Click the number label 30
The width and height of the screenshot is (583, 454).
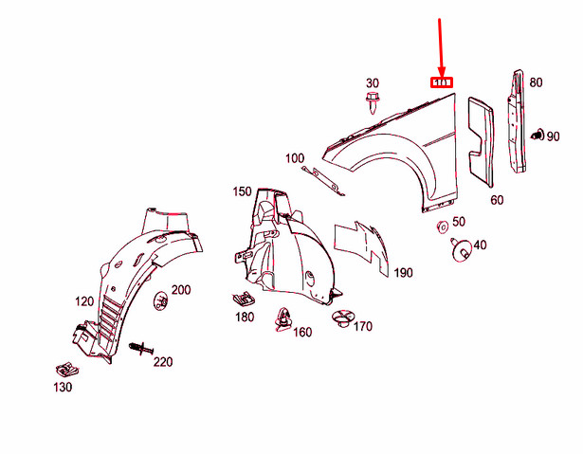tap(372, 83)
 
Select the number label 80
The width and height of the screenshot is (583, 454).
tap(536, 82)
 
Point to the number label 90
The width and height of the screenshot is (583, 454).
tap(553, 137)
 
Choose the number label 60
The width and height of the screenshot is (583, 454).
tap(497, 200)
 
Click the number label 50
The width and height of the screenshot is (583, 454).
tap(459, 222)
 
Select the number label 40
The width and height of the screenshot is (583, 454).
tap(480, 245)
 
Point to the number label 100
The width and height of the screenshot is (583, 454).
tap(294, 158)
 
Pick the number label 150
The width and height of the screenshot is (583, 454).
tap(243, 191)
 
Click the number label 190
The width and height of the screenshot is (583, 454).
tap(404, 273)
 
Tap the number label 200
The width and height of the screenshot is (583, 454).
tap(180, 289)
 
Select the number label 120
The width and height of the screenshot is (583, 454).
tap(84, 301)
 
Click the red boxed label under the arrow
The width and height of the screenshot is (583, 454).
tap(443, 82)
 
